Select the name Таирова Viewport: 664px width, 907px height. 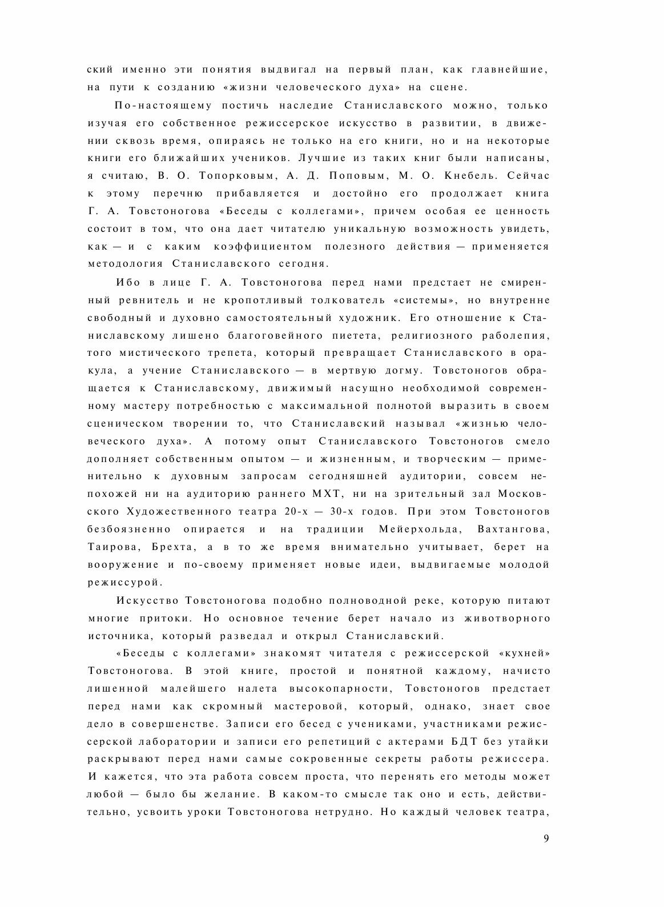coord(111,547)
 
